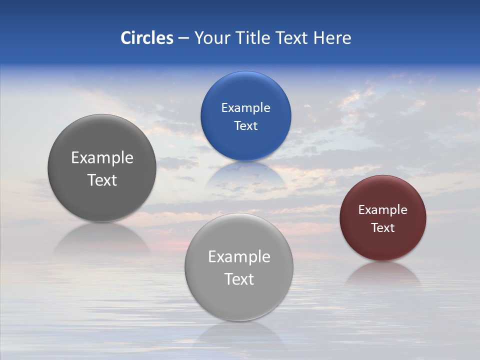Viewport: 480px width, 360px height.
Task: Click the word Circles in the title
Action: pos(147,38)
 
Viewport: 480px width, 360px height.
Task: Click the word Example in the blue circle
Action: pos(245,108)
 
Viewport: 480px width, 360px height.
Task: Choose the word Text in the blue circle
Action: pos(245,125)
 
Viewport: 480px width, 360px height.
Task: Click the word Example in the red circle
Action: pos(383,210)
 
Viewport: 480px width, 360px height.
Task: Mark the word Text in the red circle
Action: pos(383,227)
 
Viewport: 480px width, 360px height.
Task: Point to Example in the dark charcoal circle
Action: pos(102,158)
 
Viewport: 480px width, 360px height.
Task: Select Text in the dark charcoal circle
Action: pos(102,180)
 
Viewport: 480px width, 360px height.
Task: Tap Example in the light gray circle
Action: pos(239,257)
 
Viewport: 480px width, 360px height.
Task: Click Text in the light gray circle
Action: pos(239,279)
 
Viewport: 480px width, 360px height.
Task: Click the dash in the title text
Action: pos(183,38)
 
